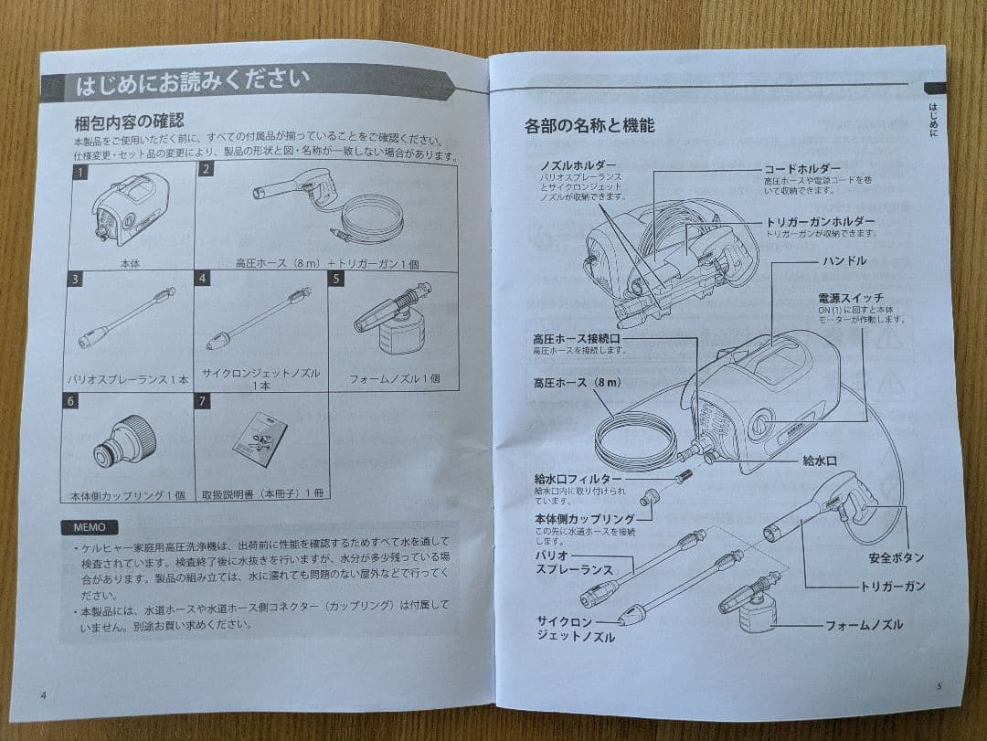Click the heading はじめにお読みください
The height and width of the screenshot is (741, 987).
tap(192, 84)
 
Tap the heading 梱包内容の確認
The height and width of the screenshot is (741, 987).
tap(129, 121)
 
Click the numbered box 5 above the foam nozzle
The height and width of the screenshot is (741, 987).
tap(336, 279)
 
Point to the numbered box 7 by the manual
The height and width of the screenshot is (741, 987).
tap(202, 400)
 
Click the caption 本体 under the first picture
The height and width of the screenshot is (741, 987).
tap(129, 262)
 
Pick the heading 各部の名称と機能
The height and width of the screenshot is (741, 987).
tap(589, 126)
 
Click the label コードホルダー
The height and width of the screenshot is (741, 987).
tap(801, 170)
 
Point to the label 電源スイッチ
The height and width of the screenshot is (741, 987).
tap(851, 299)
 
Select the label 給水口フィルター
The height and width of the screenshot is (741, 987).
tap(578, 479)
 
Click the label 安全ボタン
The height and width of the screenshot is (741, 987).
tap(896, 557)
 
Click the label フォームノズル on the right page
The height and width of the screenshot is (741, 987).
tap(864, 625)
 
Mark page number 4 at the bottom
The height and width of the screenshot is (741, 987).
tap(43, 694)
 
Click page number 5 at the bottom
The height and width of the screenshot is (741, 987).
tap(939, 685)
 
